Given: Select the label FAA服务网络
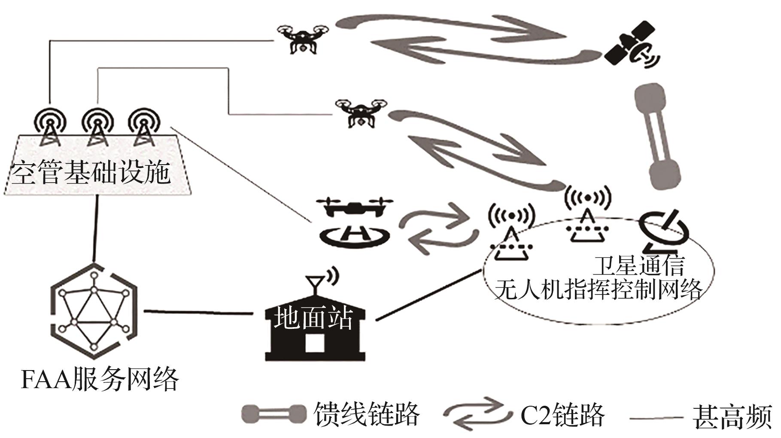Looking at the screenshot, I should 100,380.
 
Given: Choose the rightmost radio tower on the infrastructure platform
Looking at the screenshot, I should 142,125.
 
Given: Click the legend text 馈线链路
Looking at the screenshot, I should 367,414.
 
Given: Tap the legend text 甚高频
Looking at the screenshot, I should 732,416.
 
